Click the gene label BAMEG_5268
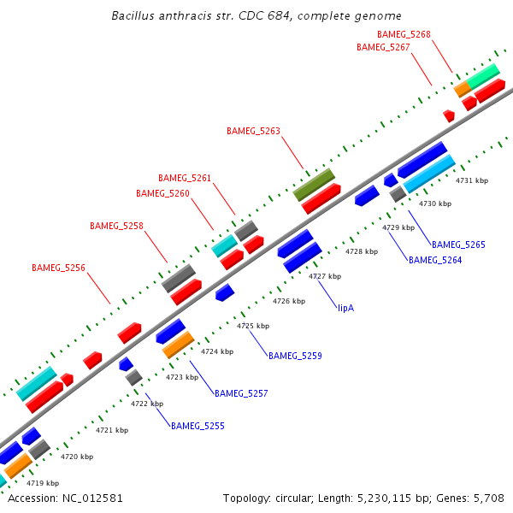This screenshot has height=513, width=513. click(404, 34)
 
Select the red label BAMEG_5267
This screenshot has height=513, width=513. click(383, 48)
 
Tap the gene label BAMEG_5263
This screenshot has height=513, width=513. click(253, 131)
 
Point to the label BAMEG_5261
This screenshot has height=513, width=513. click(185, 178)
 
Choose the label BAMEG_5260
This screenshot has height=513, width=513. click(162, 193)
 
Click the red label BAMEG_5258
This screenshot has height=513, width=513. click(116, 226)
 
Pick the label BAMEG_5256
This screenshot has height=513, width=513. click(58, 268)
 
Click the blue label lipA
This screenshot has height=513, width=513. click(345, 308)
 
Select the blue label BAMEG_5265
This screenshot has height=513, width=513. click(458, 245)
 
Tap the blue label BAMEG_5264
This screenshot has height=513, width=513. click(435, 260)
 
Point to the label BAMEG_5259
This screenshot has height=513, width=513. click(295, 355)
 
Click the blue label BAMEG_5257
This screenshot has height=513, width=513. click(241, 393)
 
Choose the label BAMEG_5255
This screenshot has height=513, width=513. click(198, 425)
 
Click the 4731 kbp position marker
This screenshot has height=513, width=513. click(472, 180)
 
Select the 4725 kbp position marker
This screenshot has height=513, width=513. click(253, 326)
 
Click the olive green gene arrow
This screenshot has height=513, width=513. click(314, 184)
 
